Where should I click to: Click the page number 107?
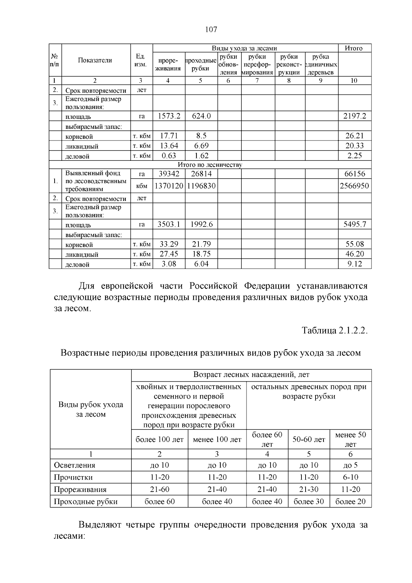click(211, 30)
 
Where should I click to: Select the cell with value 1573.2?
click(169, 116)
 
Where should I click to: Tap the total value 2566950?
click(354, 186)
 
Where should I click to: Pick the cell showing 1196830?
click(201, 186)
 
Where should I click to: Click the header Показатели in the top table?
click(95, 60)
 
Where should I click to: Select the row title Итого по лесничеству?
click(210, 165)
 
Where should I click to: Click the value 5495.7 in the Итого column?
click(355, 224)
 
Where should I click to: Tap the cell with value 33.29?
click(169, 244)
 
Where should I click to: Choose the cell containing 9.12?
click(355, 264)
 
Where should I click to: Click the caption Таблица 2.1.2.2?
click(334, 330)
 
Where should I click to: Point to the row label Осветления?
click(75, 465)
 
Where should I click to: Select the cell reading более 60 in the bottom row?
click(159, 502)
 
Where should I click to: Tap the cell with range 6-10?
click(350, 477)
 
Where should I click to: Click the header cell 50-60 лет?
click(309, 439)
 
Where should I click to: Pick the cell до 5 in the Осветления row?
click(350, 465)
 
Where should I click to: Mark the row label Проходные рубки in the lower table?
click(85, 502)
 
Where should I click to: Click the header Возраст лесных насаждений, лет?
click(251, 374)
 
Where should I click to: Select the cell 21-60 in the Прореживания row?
click(159, 489)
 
